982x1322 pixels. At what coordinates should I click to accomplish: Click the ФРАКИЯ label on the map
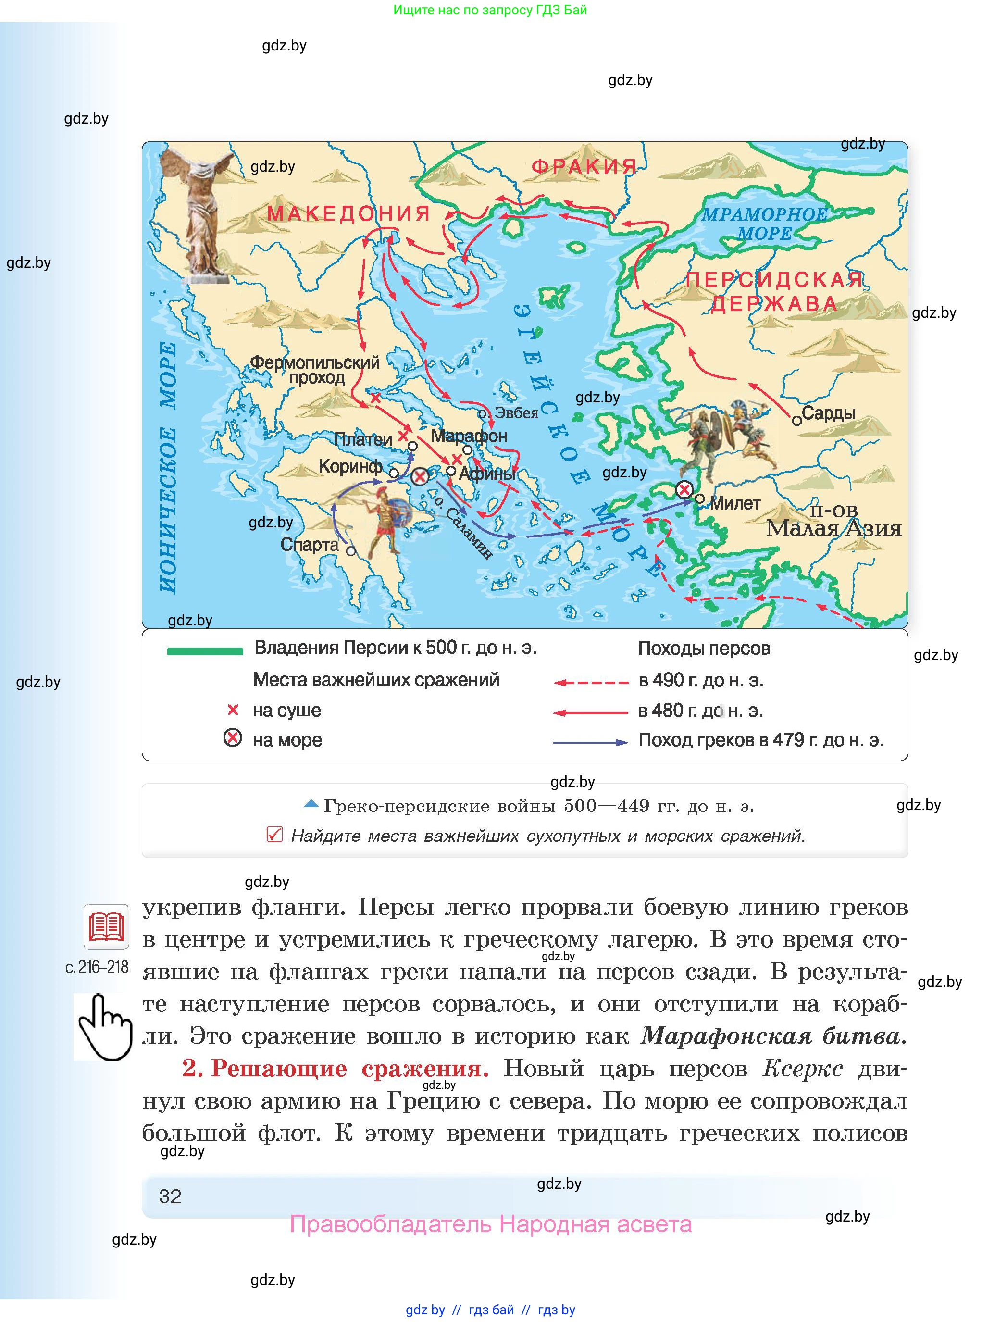(x=584, y=167)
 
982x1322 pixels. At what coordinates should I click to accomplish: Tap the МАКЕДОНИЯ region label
(x=348, y=213)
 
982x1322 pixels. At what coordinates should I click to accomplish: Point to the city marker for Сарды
(x=796, y=421)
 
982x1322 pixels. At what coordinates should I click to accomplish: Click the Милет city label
(x=735, y=503)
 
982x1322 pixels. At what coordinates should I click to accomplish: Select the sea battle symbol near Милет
(x=684, y=490)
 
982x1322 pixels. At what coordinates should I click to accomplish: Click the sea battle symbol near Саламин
(x=420, y=476)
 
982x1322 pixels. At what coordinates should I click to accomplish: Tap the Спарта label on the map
(x=309, y=545)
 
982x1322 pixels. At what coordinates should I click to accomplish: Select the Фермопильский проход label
(x=314, y=369)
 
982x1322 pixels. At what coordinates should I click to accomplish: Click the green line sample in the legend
(x=205, y=651)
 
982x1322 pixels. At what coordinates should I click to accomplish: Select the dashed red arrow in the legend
(x=590, y=683)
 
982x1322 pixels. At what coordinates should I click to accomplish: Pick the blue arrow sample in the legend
(x=590, y=742)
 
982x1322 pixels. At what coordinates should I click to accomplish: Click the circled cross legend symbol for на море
(x=233, y=738)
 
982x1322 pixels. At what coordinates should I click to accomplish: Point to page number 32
(x=170, y=1196)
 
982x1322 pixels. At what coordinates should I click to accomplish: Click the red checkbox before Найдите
(x=274, y=835)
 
